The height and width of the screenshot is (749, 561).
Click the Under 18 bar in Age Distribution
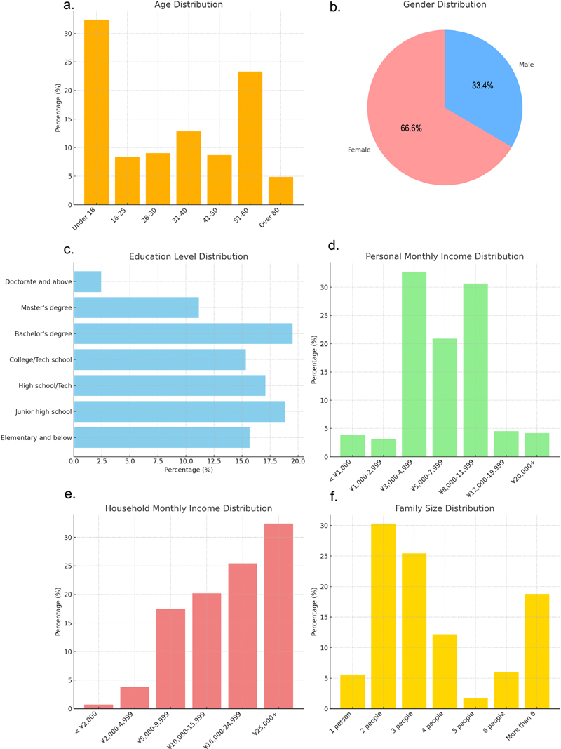(96, 112)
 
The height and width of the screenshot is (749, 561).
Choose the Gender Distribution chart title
(445, 5)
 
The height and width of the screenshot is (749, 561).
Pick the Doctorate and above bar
(88, 281)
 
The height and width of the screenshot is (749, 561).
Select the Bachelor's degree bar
(183, 333)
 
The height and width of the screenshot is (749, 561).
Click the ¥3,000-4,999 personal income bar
(414, 364)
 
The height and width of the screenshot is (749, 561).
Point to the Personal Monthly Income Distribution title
(445, 256)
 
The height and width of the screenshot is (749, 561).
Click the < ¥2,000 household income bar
(98, 705)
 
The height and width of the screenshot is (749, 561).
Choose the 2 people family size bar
(384, 616)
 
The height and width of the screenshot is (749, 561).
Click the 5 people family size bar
(475, 703)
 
